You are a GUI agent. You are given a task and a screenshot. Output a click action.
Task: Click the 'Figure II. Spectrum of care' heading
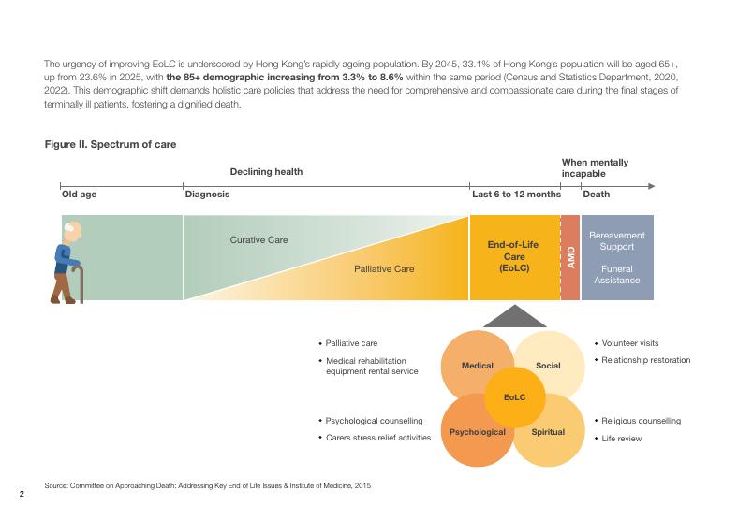(110, 145)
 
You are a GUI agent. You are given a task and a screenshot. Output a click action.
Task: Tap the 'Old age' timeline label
(79, 195)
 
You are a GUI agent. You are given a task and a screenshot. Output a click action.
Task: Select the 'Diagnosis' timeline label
(207, 195)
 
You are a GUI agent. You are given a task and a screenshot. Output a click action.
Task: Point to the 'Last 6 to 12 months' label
(515, 195)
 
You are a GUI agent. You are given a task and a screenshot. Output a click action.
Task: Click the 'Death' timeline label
(596, 195)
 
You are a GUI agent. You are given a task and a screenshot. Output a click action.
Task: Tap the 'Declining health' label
(266, 172)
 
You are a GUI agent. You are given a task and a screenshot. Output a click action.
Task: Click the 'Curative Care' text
(259, 240)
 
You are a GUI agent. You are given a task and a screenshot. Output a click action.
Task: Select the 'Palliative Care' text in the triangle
(384, 269)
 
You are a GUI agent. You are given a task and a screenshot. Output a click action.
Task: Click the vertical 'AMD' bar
(570, 258)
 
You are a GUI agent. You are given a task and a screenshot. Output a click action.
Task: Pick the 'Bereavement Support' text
(616, 241)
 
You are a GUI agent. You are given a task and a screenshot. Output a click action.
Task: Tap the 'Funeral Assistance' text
(616, 274)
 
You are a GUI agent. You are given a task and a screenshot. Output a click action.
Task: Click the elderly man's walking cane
(81, 284)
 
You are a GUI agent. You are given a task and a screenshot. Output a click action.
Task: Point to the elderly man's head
(72, 230)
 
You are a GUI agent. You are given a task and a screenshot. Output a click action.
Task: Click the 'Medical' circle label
(478, 366)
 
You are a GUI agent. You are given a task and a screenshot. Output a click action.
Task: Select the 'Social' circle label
(548, 366)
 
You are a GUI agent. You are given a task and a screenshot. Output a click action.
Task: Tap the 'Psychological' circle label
(477, 432)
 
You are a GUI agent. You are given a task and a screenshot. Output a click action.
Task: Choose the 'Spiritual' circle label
(548, 432)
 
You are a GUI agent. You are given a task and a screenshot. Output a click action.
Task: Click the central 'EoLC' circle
(514, 397)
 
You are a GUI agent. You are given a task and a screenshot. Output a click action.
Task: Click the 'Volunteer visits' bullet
(630, 343)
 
